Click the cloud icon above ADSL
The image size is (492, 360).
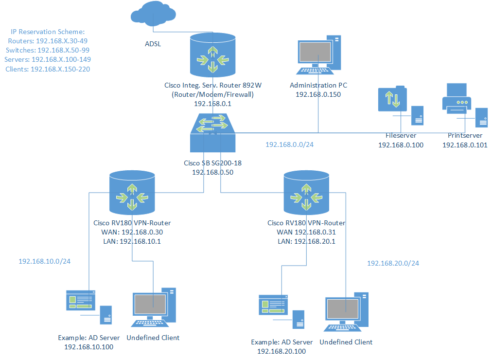pyautogui.click(x=153, y=13)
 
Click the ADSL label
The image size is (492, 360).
pyautogui.click(x=153, y=44)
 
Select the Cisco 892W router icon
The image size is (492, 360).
pyautogui.click(x=213, y=55)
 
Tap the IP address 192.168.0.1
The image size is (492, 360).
pyautogui.click(x=213, y=104)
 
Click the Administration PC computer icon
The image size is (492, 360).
pyautogui.click(x=318, y=55)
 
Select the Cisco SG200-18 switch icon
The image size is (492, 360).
pyautogui.click(x=213, y=133)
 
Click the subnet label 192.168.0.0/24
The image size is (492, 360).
pyautogui.click(x=289, y=144)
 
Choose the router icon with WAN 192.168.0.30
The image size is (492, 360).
pyautogui.click(x=132, y=193)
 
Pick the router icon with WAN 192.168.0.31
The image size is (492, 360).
pyautogui.click(x=307, y=193)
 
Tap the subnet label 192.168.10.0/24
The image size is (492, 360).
pyautogui.click(x=45, y=261)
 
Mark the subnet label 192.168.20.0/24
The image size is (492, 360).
pyautogui.click(x=393, y=263)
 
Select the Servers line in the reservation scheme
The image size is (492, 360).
pyautogui.click(x=48, y=59)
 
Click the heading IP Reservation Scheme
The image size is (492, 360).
pyautogui.click(x=48, y=32)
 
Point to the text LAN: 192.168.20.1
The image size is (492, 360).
pyautogui.click(x=307, y=241)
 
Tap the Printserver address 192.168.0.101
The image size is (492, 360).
pyautogui.click(x=465, y=145)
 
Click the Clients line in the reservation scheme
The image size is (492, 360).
pyautogui.click(x=48, y=69)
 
